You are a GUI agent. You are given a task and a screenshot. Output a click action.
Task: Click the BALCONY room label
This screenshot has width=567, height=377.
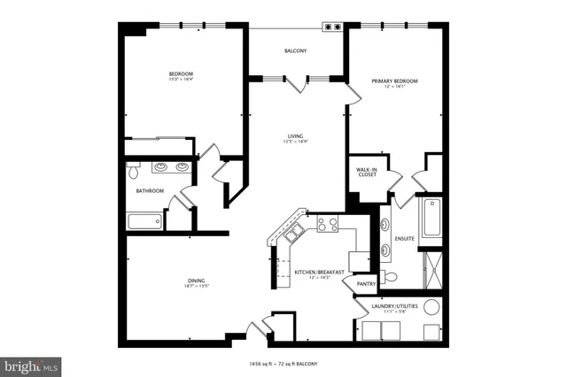(296, 51)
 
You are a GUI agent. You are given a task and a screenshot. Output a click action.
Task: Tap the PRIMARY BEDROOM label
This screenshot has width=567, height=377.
(394, 81)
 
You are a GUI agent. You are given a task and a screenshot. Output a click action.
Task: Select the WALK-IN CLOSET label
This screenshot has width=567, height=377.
(366, 171)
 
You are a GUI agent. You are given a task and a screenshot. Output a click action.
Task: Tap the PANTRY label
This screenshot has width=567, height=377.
(367, 284)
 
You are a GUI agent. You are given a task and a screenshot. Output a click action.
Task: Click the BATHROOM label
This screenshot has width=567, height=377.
(150, 190)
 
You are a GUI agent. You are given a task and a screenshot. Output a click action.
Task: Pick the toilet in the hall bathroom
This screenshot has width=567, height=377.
(135, 169)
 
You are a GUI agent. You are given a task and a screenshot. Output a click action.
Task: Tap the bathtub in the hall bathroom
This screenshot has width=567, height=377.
(145, 221)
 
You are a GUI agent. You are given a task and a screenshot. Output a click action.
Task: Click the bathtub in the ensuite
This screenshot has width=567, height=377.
(431, 219)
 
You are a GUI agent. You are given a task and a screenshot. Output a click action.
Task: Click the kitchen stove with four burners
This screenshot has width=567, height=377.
(328, 224)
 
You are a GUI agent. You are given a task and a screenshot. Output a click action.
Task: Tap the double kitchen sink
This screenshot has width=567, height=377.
(294, 233)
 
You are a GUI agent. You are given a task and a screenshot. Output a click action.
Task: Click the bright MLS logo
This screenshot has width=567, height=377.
(31, 365)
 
